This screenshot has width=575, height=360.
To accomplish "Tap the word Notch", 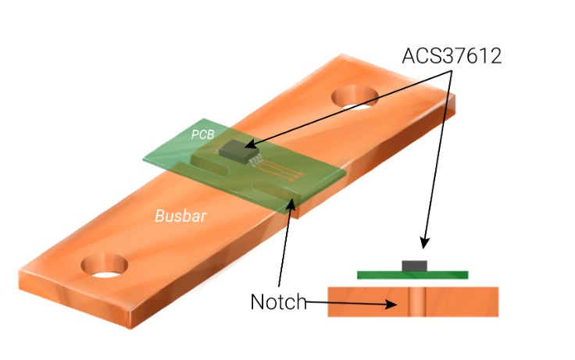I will (x=278, y=302).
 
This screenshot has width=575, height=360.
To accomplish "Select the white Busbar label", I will (x=180, y=216).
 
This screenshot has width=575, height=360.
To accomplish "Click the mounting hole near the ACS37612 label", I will (x=355, y=95).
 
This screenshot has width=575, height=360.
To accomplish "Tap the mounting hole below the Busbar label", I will (x=104, y=266).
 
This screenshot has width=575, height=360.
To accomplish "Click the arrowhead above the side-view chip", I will (x=424, y=243).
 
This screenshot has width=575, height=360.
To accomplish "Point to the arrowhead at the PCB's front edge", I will (x=294, y=204).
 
